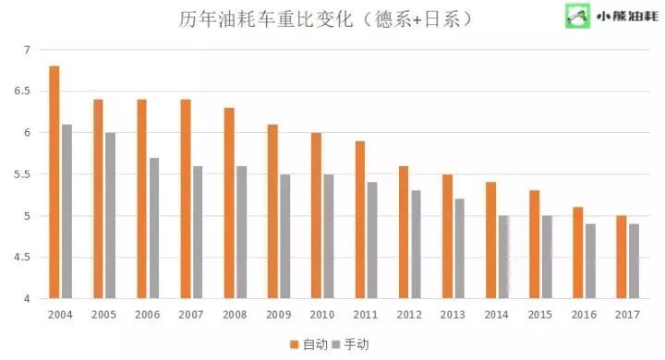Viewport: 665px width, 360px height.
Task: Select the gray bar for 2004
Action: [66, 211]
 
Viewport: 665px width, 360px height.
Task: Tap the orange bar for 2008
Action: [229, 203]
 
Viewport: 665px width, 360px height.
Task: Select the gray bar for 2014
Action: [503, 258]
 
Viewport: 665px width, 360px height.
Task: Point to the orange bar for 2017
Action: [622, 258]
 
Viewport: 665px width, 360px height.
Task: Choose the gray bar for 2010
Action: [329, 236]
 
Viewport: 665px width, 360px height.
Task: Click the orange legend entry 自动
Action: [308, 343]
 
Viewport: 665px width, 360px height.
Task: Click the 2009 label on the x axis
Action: [279, 316]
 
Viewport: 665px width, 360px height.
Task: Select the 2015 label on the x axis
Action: [540, 316]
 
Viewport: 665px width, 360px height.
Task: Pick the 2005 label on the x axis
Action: [104, 316]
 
